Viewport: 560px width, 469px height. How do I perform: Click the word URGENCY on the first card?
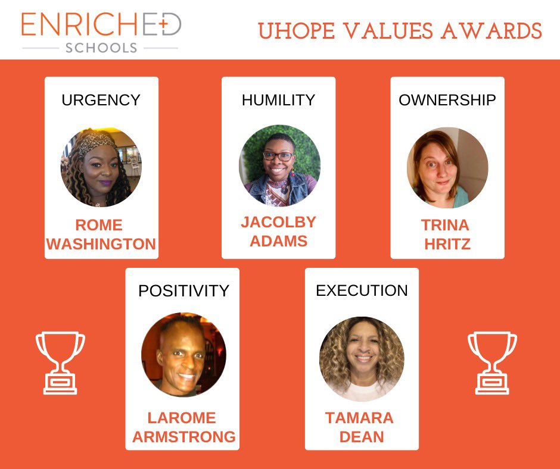[x=101, y=100]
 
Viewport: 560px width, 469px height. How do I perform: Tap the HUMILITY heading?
[x=278, y=100]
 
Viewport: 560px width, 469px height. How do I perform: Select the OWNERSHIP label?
[x=447, y=100]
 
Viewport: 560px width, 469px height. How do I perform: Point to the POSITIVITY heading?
[x=183, y=290]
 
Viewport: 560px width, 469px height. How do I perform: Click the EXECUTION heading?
[x=362, y=290]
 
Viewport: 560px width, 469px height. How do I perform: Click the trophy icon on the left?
[x=60, y=362]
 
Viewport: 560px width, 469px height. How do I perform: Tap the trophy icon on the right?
[x=492, y=362]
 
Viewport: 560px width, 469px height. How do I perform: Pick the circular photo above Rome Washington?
[x=101, y=167]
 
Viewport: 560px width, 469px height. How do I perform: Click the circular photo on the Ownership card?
[x=447, y=167]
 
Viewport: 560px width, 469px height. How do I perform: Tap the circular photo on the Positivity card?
[x=183, y=355]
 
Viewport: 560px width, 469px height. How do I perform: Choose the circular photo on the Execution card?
[x=362, y=358]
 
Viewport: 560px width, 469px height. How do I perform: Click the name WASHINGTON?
[x=101, y=244]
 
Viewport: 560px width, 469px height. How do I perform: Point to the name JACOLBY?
[x=278, y=222]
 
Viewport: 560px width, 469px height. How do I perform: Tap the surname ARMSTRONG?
[x=183, y=436]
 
